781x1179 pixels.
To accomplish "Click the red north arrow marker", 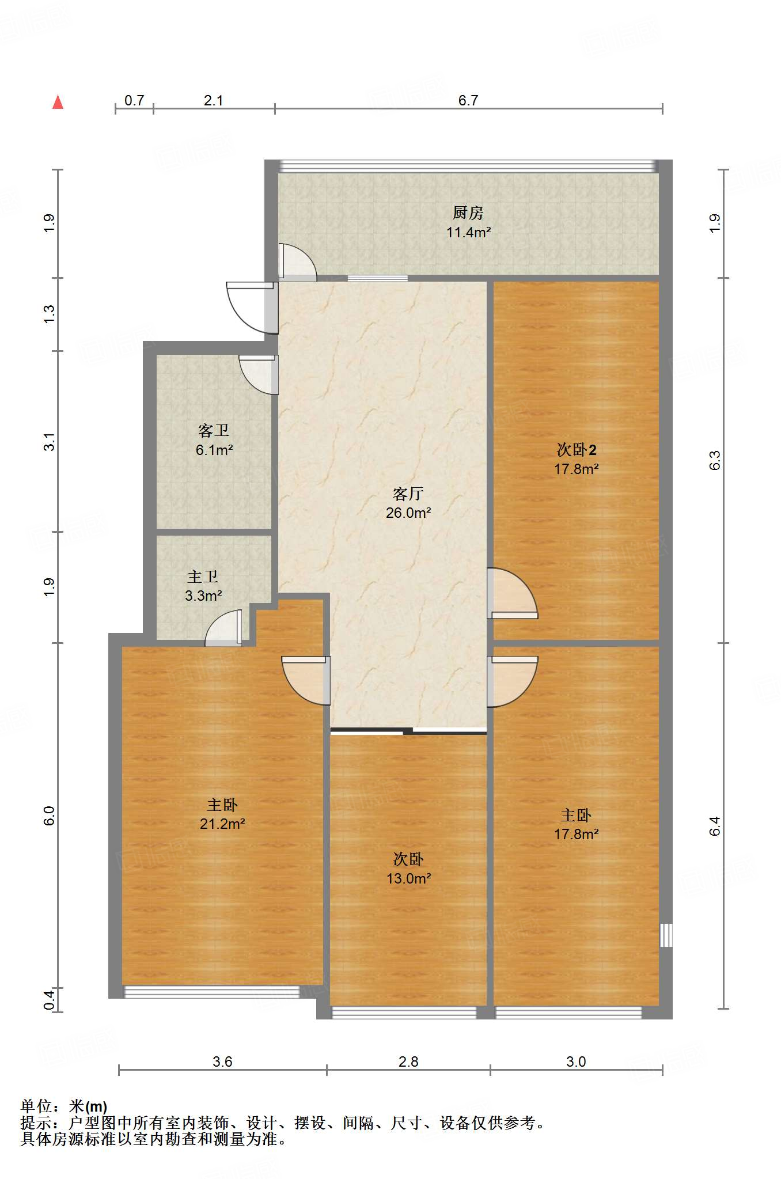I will click(58, 103).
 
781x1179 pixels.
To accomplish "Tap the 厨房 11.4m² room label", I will click(468, 222).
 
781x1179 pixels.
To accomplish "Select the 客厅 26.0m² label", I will click(408, 503).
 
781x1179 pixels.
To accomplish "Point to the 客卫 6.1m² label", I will click(214, 440).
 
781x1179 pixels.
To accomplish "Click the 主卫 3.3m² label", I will click(203, 586).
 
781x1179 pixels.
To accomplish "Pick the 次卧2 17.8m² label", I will click(576, 459).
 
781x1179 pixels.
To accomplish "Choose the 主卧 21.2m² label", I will click(222, 814).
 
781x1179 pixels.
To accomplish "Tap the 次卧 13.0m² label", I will click(408, 869).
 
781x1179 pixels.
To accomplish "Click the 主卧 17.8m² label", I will click(576, 824).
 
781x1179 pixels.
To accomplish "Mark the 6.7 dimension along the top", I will click(468, 100).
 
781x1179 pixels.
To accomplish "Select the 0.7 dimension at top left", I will click(134, 100).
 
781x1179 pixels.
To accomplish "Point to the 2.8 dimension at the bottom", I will click(408, 1062).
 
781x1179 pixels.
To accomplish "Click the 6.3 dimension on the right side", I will click(715, 460).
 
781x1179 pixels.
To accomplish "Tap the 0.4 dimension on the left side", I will click(50, 999).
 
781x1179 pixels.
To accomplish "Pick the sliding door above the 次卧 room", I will click(408, 731).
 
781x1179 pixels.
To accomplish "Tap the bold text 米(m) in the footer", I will click(88, 1106).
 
